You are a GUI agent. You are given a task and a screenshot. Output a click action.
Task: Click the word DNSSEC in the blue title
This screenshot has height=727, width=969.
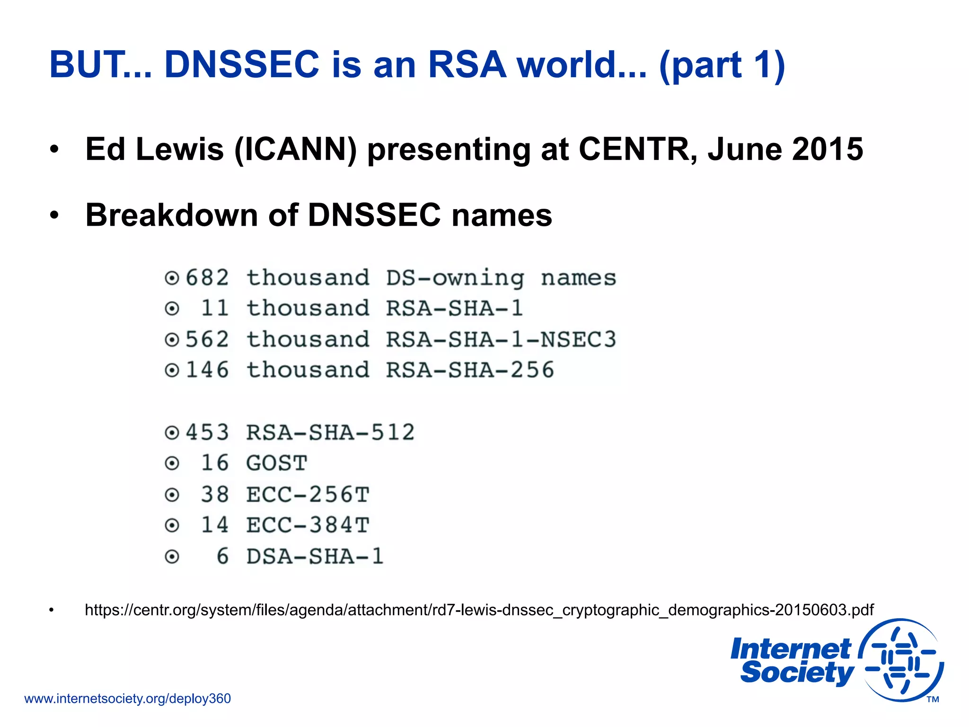click(x=242, y=64)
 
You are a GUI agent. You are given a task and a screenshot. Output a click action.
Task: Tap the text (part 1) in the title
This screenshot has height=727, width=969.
click(x=722, y=65)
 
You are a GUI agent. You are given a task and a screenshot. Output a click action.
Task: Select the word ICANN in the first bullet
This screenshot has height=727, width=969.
click(x=295, y=150)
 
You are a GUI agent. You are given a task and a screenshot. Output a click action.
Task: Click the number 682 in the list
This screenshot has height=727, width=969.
click(x=207, y=278)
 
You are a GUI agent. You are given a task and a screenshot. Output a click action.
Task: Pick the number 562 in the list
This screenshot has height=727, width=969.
click(x=207, y=339)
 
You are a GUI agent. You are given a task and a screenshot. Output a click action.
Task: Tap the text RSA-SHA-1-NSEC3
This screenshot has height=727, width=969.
click(x=501, y=339)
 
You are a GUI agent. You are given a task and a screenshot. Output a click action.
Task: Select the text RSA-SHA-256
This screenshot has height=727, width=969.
click(x=470, y=370)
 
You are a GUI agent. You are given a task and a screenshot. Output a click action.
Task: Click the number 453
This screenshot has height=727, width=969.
click(x=207, y=432)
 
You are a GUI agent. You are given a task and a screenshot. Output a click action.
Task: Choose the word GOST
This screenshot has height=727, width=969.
click(x=277, y=463)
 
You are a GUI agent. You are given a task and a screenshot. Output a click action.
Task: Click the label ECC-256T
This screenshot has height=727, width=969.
click(x=308, y=495)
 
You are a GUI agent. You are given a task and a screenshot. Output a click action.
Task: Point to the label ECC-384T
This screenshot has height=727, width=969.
click(x=308, y=525)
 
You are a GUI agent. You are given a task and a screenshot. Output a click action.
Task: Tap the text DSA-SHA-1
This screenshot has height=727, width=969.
click(x=315, y=556)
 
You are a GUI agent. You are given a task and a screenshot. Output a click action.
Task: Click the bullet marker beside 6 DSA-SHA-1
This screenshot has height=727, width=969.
click(x=172, y=557)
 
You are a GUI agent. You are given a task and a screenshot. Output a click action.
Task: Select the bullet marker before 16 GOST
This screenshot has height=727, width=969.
click(x=172, y=463)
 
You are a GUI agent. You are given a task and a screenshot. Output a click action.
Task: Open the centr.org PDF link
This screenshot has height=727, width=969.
click(x=479, y=610)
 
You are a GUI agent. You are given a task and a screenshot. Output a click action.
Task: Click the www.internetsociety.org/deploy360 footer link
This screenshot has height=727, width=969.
click(x=127, y=699)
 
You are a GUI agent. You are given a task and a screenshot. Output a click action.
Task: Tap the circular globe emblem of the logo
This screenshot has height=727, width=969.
click(x=901, y=660)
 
